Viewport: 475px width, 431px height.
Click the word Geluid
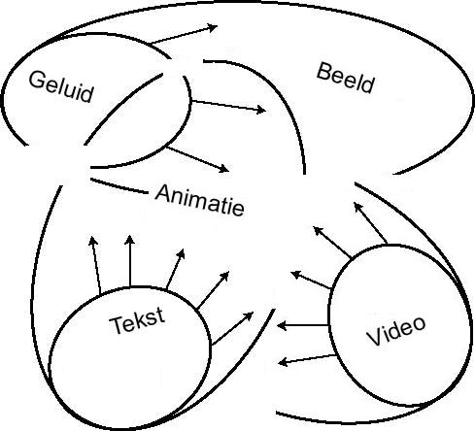pos(61,87)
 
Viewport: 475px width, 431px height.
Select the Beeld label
pos(345,78)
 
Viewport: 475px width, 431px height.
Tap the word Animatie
pos(200,200)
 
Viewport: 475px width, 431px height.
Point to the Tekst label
pos(137,320)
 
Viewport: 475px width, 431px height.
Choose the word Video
pos(395,330)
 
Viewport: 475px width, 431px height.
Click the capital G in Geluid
pos(36,80)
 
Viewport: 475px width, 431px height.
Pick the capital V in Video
pos(375,338)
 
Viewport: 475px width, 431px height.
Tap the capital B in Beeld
pos(323,72)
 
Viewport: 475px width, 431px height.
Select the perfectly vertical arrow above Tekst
pos(130,261)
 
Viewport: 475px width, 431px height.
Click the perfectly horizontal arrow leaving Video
pos(303,325)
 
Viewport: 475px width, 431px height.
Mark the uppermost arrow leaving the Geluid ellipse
pos(184,34)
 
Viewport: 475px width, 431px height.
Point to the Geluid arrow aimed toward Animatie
pos(197,159)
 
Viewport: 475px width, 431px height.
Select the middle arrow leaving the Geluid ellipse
pos(228,106)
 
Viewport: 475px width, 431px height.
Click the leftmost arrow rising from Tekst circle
pos(95,265)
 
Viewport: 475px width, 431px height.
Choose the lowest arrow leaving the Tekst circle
pos(232,328)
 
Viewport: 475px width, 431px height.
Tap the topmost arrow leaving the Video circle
pos(370,222)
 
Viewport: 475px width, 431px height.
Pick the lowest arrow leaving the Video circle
pos(307,359)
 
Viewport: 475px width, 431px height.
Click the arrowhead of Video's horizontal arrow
pos(282,325)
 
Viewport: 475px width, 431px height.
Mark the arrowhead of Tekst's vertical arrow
pos(130,240)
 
